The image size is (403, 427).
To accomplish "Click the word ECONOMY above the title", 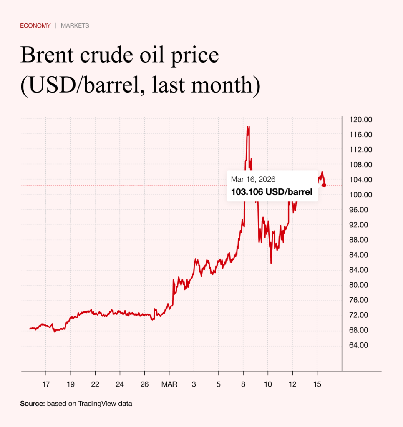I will pyautogui.click(x=35, y=26).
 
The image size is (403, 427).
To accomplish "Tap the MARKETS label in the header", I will pyautogui.click(x=75, y=26).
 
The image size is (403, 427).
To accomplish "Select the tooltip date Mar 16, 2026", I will pyautogui.click(x=253, y=179).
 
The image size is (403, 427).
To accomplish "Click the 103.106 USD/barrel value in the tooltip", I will pyautogui.click(x=272, y=193).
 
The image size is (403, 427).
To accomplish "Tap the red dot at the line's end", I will pyautogui.click(x=324, y=185).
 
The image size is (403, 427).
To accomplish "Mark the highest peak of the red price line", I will pyautogui.click(x=248, y=126).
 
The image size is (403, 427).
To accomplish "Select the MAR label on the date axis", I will pyautogui.click(x=169, y=384).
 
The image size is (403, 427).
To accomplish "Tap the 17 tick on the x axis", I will pyautogui.click(x=45, y=384).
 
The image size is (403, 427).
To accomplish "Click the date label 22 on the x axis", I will pyautogui.click(x=95, y=384).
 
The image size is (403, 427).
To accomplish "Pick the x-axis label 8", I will pyautogui.click(x=243, y=384).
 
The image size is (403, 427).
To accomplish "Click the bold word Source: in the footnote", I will pyautogui.click(x=33, y=404).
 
